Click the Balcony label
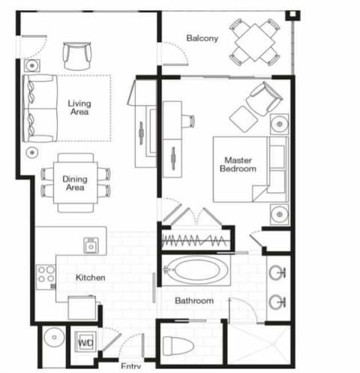tap(202, 38)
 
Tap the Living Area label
tap(79, 108)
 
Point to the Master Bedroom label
tap(238, 164)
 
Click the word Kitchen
tap(90, 278)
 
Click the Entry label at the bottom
tap(131, 367)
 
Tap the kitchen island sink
tap(91, 245)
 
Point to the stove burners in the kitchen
tap(45, 275)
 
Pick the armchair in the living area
tap(78, 55)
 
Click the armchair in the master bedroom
tap(264, 98)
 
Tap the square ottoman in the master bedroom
tap(242, 118)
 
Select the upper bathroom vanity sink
tap(278, 272)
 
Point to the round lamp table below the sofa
tap(32, 153)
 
